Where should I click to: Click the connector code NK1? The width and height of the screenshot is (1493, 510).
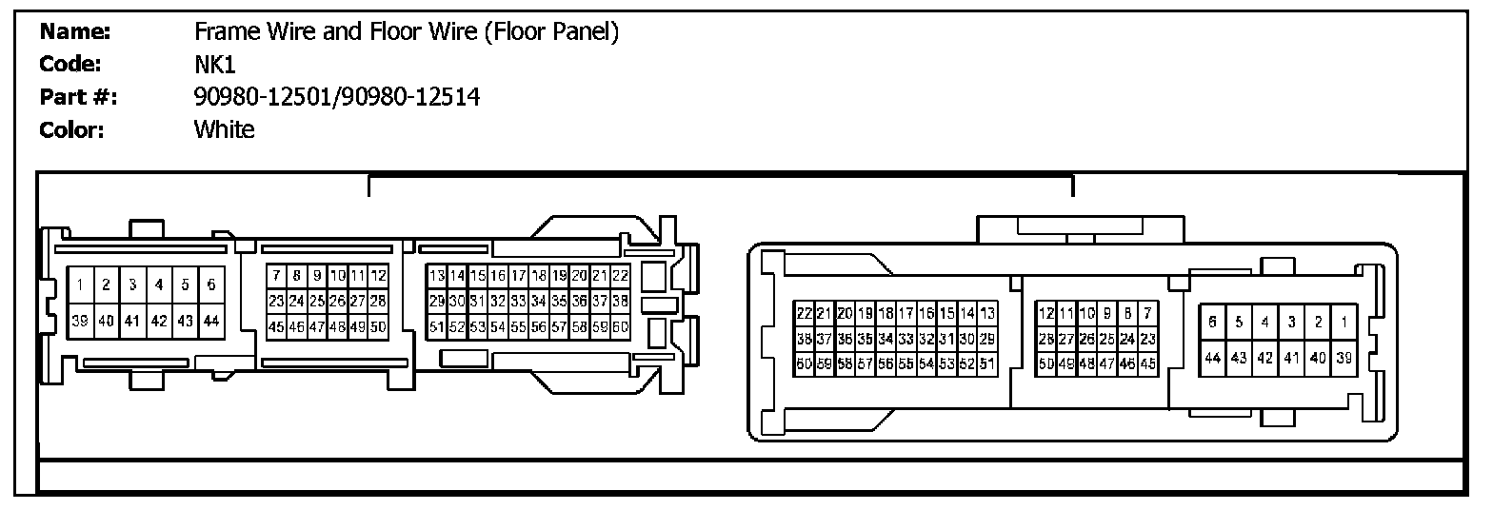pyautogui.click(x=214, y=65)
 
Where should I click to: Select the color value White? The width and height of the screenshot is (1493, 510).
pyautogui.click(x=225, y=129)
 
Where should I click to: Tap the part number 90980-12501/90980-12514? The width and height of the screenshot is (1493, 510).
pyautogui.click(x=336, y=97)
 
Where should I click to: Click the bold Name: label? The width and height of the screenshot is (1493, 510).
pyautogui.click(x=76, y=32)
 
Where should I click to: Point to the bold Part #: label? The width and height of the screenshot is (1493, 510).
pyautogui.click(x=78, y=97)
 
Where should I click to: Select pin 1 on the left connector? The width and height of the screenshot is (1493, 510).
pyautogui.click(x=81, y=284)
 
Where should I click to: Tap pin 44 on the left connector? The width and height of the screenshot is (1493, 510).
pyautogui.click(x=211, y=322)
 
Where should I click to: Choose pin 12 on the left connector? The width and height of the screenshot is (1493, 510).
pyautogui.click(x=378, y=276)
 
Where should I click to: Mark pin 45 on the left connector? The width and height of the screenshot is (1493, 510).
pyautogui.click(x=276, y=326)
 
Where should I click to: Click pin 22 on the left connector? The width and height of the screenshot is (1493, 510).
pyautogui.click(x=620, y=276)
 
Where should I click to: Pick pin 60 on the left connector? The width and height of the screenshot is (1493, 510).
pyautogui.click(x=620, y=326)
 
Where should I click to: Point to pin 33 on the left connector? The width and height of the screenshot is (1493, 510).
pyautogui.click(x=518, y=302)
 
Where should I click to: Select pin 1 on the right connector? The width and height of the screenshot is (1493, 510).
pyautogui.click(x=1344, y=323)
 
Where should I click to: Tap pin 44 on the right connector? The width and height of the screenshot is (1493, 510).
pyautogui.click(x=1212, y=359)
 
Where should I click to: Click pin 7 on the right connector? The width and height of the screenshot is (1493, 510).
pyautogui.click(x=1147, y=313)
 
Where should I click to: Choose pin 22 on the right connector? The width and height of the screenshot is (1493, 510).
pyautogui.click(x=803, y=313)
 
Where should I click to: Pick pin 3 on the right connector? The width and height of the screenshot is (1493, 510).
pyautogui.click(x=1291, y=323)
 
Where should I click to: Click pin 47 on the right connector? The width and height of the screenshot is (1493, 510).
pyautogui.click(x=1106, y=363)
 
